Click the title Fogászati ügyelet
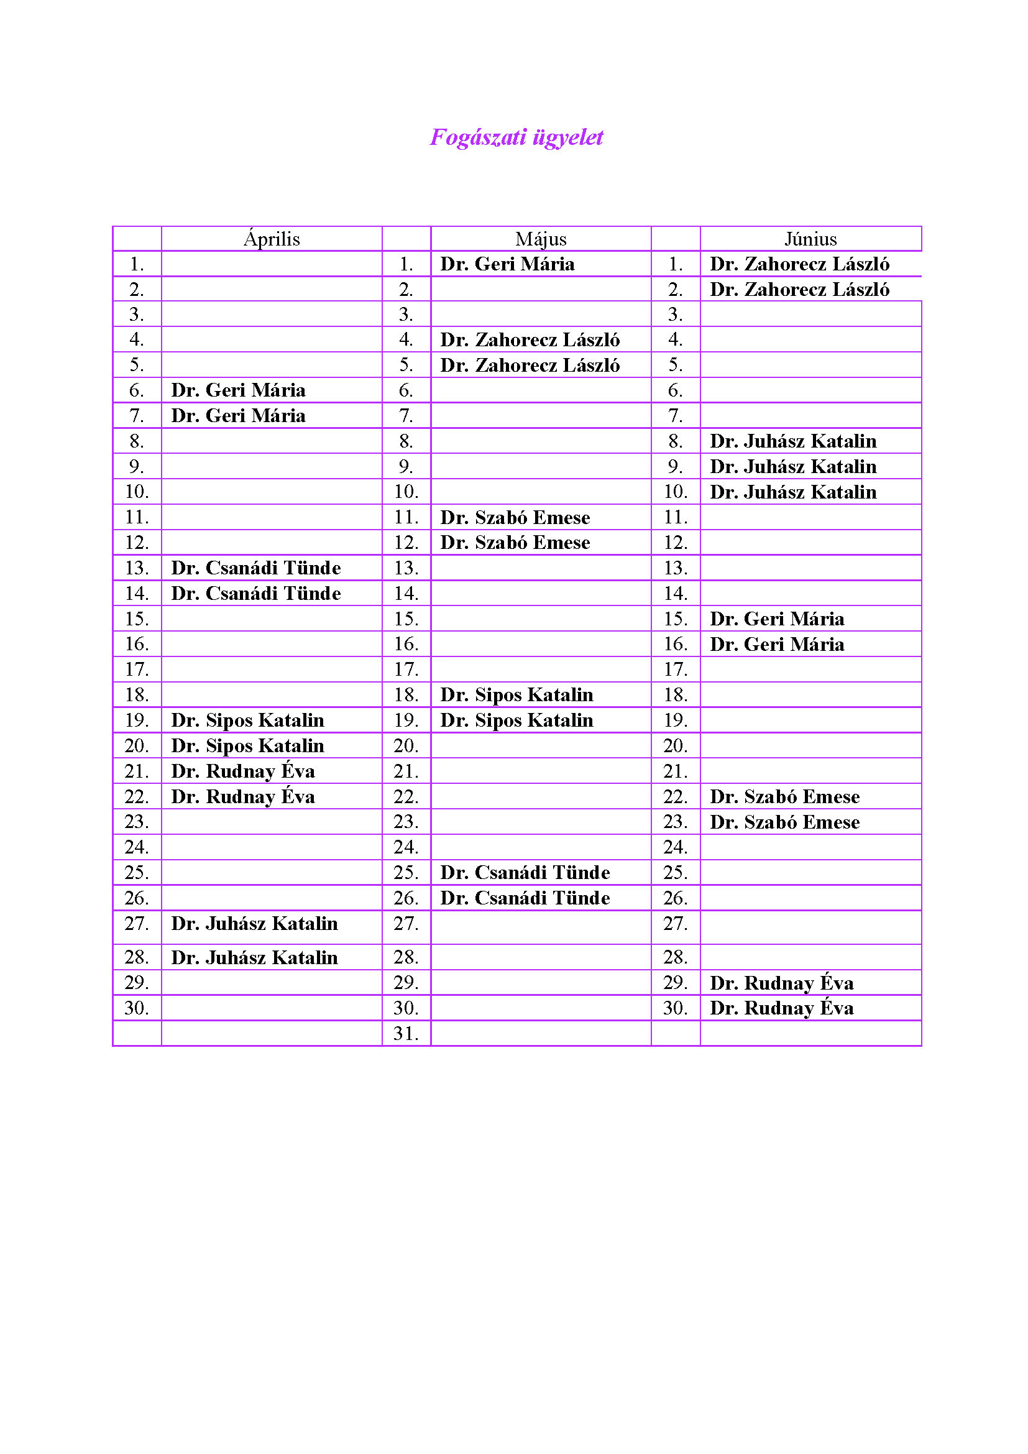tap(516, 137)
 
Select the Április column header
tap(272, 239)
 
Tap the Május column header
tap(541, 239)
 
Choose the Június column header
tap(810, 239)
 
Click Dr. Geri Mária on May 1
tap(507, 264)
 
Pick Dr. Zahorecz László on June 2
tap(799, 290)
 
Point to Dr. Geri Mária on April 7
tap(238, 416)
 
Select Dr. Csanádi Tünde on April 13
tap(255, 568)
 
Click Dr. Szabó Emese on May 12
tap(515, 543)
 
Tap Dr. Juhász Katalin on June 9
tap(792, 467)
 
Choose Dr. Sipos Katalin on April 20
tap(247, 746)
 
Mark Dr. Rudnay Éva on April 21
tap(243, 771)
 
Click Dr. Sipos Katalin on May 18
tap(516, 696)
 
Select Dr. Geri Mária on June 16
tap(777, 645)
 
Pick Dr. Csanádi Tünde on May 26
tap(525, 898)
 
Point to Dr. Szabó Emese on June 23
tap(784, 822)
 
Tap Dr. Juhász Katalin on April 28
tap(254, 957)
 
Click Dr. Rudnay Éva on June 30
tap(781, 1008)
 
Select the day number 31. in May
tap(406, 1034)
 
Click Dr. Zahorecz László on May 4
tap(530, 340)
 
